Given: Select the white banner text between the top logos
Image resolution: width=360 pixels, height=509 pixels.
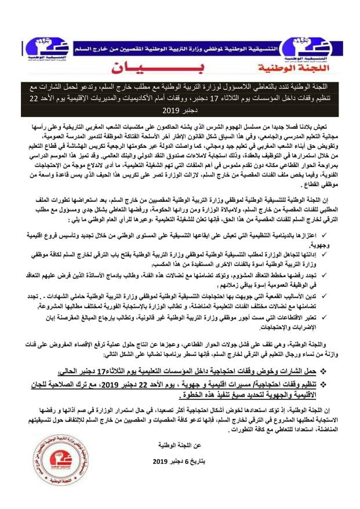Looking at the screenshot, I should pyautogui.click(x=181, y=43).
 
